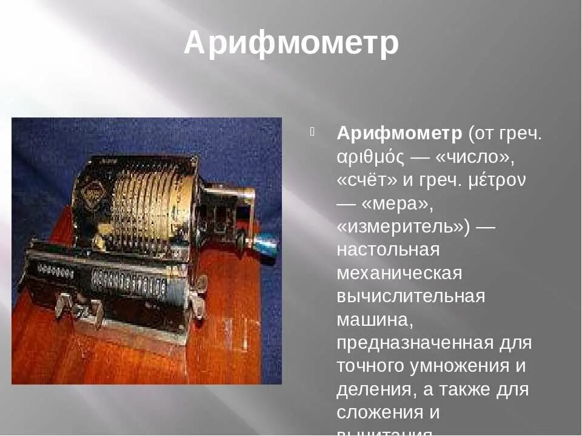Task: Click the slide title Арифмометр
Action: pos(291,43)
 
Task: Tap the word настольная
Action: pos(388,249)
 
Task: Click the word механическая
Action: pos(400,273)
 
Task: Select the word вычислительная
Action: pos(411,296)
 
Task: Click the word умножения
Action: pos(461,366)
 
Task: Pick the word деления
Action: pos(370,389)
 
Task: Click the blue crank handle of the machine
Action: pos(266,245)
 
